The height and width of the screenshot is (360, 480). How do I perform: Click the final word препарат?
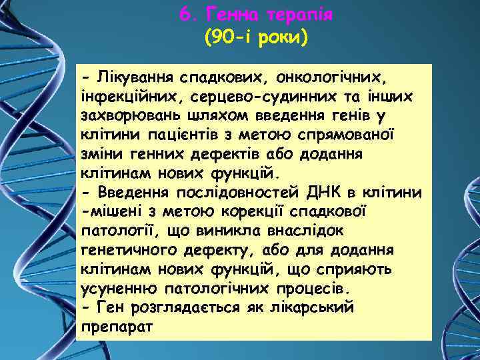coord(115,328)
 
